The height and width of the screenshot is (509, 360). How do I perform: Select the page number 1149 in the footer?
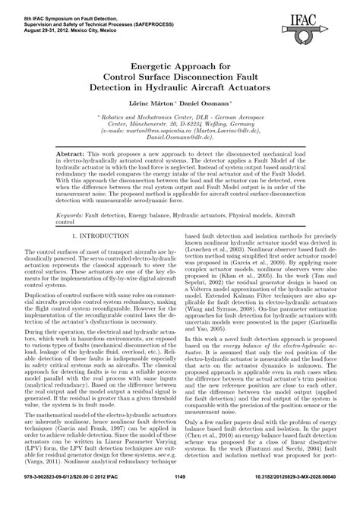(x=179, y=497)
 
